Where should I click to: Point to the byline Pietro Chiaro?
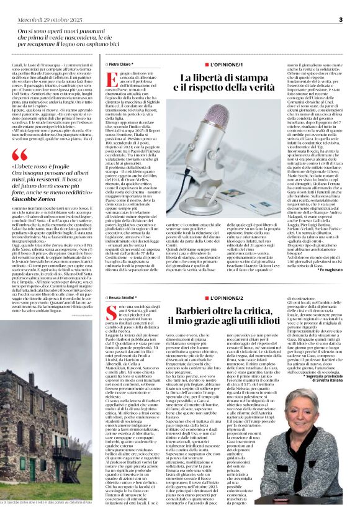tap(120, 64)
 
